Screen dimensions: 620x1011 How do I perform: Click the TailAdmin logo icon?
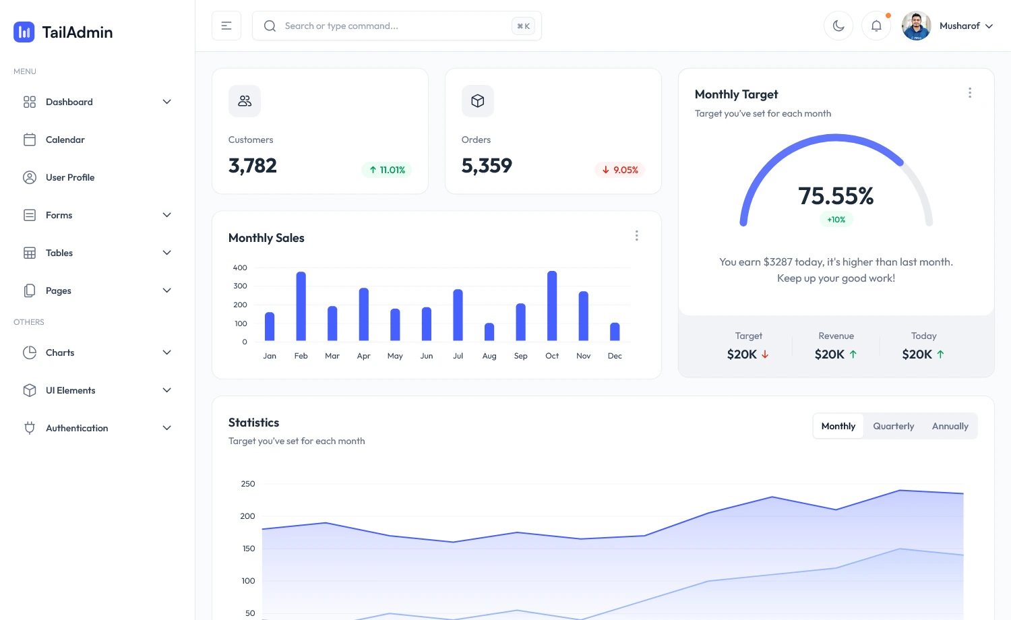coord(24,32)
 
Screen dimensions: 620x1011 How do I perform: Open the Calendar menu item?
coord(65,139)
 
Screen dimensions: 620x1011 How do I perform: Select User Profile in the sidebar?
coord(69,177)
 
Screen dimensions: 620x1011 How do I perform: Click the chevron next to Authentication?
coord(167,428)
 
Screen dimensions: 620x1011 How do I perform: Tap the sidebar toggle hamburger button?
coord(226,26)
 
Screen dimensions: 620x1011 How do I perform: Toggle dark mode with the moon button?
coord(838,26)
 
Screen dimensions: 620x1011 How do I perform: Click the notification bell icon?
coord(876,26)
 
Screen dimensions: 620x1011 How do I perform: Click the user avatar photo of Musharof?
coord(917,26)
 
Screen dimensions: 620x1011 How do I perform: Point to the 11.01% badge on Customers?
coord(387,170)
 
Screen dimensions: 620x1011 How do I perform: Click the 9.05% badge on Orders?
coord(620,170)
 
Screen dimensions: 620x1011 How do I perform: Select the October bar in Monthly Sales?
coord(552,306)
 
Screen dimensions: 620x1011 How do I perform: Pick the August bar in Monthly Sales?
coord(489,332)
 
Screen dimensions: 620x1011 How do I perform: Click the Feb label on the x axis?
coord(301,356)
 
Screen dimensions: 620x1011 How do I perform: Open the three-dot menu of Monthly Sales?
coord(636,235)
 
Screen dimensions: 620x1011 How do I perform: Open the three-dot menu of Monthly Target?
coord(970,93)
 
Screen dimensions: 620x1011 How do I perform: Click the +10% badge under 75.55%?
coord(836,220)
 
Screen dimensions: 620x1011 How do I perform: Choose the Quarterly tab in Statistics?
coord(893,426)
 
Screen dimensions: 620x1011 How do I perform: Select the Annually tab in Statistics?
coord(950,426)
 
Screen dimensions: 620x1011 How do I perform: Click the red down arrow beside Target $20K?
coord(765,354)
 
